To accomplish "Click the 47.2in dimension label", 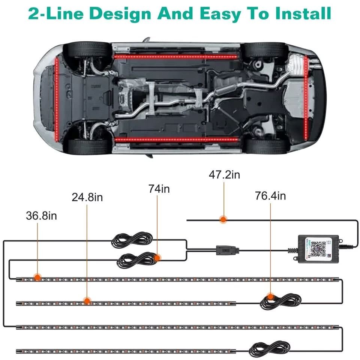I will [224, 175].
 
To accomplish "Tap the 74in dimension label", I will [159, 189].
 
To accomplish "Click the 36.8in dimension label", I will [41, 216].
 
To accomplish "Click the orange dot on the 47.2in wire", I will [223, 220].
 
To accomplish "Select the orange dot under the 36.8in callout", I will [37, 277].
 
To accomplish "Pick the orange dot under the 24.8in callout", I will [87, 300].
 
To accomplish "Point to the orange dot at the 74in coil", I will [157, 257].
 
